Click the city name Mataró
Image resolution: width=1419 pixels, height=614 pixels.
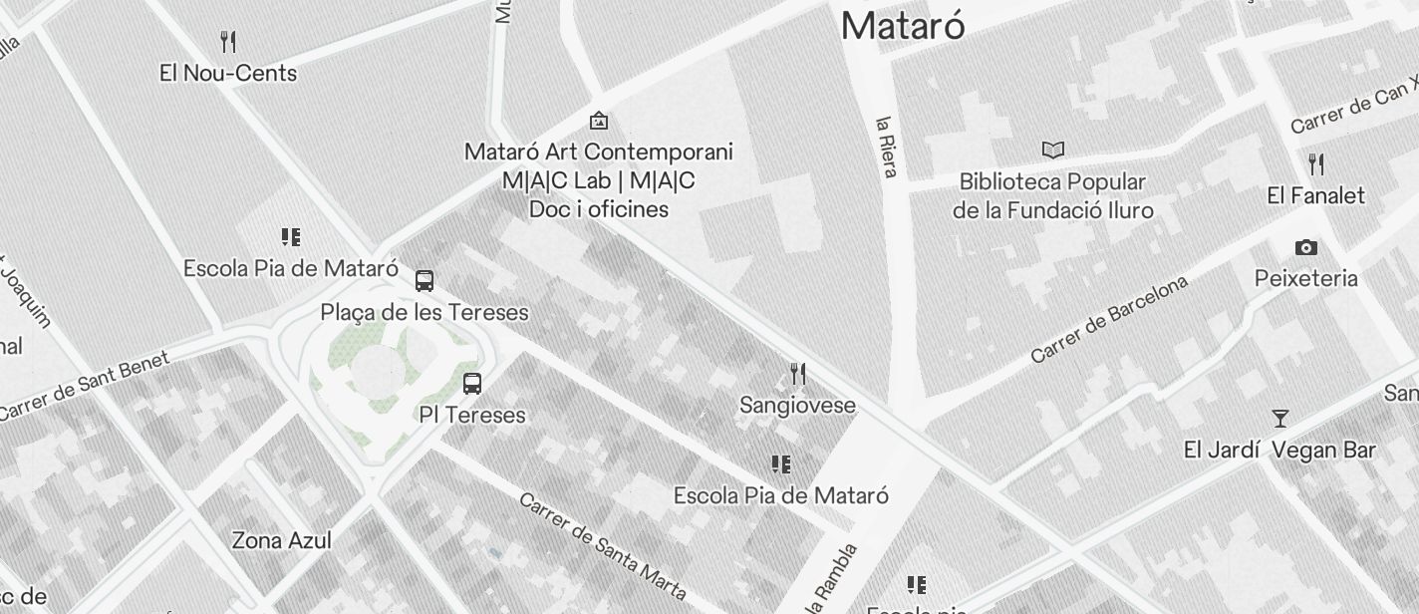pyautogui.click(x=903, y=25)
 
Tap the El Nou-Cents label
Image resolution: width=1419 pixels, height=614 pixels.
pyautogui.click(x=228, y=73)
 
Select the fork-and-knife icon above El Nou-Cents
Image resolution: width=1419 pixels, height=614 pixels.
pyautogui.click(x=228, y=42)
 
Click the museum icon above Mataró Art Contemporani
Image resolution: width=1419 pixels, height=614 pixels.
pyautogui.click(x=599, y=121)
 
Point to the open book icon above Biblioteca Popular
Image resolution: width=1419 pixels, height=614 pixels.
pyautogui.click(x=1053, y=151)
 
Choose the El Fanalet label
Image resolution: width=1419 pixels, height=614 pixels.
pyautogui.click(x=1315, y=195)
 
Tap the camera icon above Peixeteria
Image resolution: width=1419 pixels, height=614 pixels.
pyautogui.click(x=1305, y=247)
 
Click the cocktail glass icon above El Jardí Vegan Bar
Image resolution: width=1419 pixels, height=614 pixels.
pyautogui.click(x=1280, y=419)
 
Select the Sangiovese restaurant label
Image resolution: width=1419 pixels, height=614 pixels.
pyautogui.click(x=797, y=405)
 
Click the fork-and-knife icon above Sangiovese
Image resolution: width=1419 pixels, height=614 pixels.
pyautogui.click(x=797, y=374)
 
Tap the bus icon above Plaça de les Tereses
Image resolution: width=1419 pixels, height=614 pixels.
pyautogui.click(x=425, y=281)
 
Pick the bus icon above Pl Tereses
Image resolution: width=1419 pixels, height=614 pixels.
pyautogui.click(x=472, y=384)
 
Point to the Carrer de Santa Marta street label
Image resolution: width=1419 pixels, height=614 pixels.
pyautogui.click(x=602, y=546)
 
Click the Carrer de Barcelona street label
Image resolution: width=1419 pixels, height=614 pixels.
pyautogui.click(x=1109, y=319)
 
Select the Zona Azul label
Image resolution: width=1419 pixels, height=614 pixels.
pyautogui.click(x=281, y=540)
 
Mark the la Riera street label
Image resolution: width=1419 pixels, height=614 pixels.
pyautogui.click(x=887, y=148)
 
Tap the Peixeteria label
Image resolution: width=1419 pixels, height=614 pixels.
pyautogui.click(x=1305, y=278)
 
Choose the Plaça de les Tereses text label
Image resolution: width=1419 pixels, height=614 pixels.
pyautogui.click(x=425, y=312)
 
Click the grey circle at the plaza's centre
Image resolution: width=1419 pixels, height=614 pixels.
pyautogui.click(x=375, y=370)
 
